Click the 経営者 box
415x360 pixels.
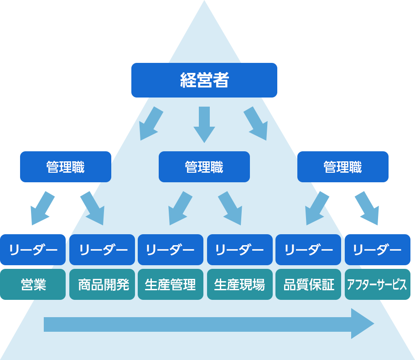coord(204,80)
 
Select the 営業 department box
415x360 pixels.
coord(33,284)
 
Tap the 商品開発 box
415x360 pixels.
coord(102,284)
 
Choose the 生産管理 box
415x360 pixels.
coord(171,284)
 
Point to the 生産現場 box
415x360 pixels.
coord(240,284)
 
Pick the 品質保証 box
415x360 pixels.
coord(308,284)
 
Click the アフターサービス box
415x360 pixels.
coord(377,284)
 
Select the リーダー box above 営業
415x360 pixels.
coord(33,250)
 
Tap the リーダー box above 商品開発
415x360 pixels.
coord(102,250)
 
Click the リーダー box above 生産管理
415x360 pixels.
coord(171,250)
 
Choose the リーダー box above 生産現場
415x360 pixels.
coord(240,250)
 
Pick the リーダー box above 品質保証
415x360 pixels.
coord(308,250)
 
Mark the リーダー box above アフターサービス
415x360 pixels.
coord(377,250)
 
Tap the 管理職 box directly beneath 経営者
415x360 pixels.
coord(204,167)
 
